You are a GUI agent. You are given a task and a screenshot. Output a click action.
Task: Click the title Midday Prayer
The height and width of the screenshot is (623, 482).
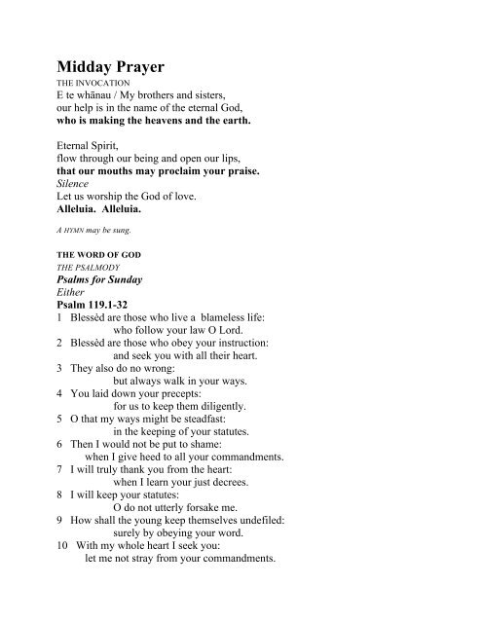tap(113, 68)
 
